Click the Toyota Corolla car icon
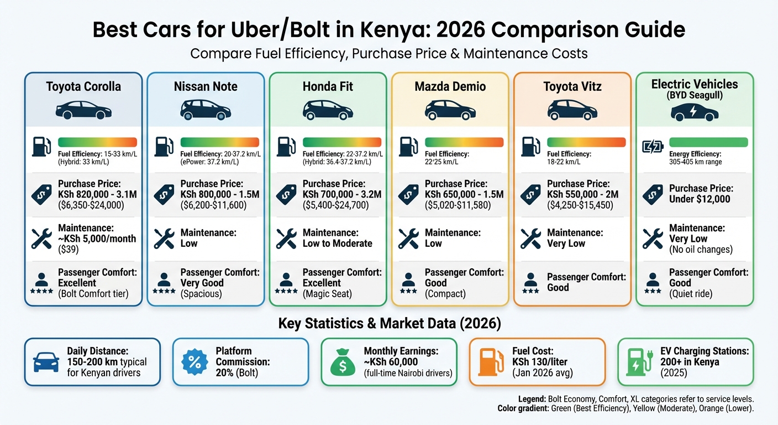coord(83,110)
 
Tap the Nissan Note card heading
coord(206,86)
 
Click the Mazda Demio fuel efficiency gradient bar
coord(464,142)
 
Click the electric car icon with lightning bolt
coord(694,112)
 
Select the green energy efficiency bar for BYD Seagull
coord(708,142)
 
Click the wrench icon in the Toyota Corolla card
coord(41,239)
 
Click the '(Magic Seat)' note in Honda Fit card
coord(327,294)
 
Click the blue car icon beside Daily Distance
coord(46,362)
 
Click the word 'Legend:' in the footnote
coord(532,399)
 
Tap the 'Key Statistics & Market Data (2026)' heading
coord(388,323)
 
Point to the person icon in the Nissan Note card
coord(164,279)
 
